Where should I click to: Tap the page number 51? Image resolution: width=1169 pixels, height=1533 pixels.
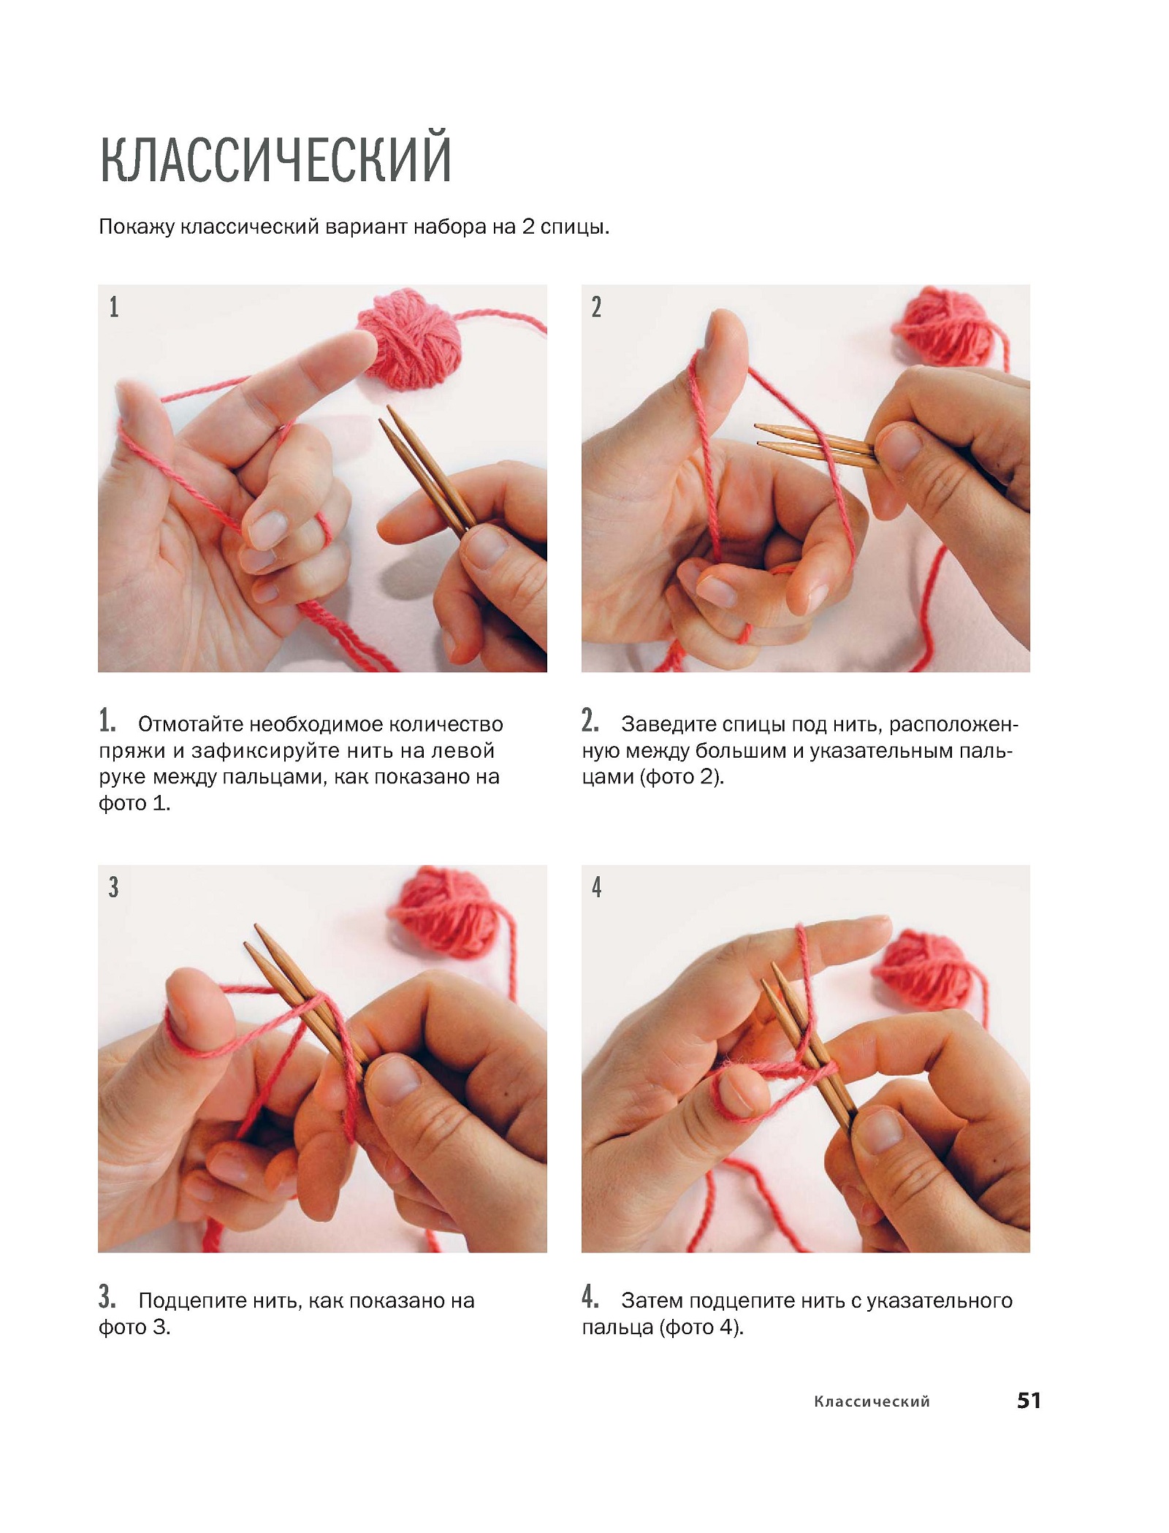[1029, 1400]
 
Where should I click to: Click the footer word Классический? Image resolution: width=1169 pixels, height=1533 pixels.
[872, 1401]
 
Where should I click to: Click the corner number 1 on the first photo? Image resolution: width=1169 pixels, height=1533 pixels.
[114, 307]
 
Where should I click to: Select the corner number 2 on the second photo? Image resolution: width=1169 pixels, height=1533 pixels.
[597, 307]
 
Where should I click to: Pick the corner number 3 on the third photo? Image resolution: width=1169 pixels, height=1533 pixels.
[114, 887]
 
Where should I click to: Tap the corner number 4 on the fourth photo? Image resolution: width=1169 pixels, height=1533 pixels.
[597, 887]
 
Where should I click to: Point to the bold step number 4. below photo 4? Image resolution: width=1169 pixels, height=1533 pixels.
[590, 1297]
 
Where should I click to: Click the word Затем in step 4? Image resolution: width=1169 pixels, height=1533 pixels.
[652, 1301]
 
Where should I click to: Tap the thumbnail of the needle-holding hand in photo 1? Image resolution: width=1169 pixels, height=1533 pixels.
[487, 547]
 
